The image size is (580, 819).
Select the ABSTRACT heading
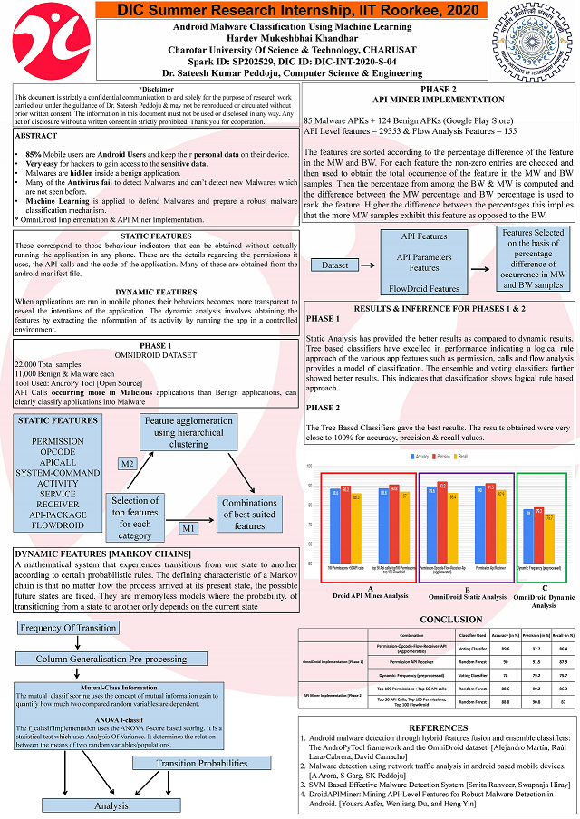coord(37,135)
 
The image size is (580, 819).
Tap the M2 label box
coord(128,464)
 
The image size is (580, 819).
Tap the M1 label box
coord(188,527)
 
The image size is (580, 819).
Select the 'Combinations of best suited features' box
coord(249,514)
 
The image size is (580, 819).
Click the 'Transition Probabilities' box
coord(202,764)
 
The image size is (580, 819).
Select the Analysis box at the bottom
coord(111,805)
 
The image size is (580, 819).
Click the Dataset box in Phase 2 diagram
coord(334,265)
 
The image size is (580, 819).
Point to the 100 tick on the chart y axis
coord(310,467)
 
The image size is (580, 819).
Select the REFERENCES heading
coord(439,727)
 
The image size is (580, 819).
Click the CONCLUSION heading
coord(439,621)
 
